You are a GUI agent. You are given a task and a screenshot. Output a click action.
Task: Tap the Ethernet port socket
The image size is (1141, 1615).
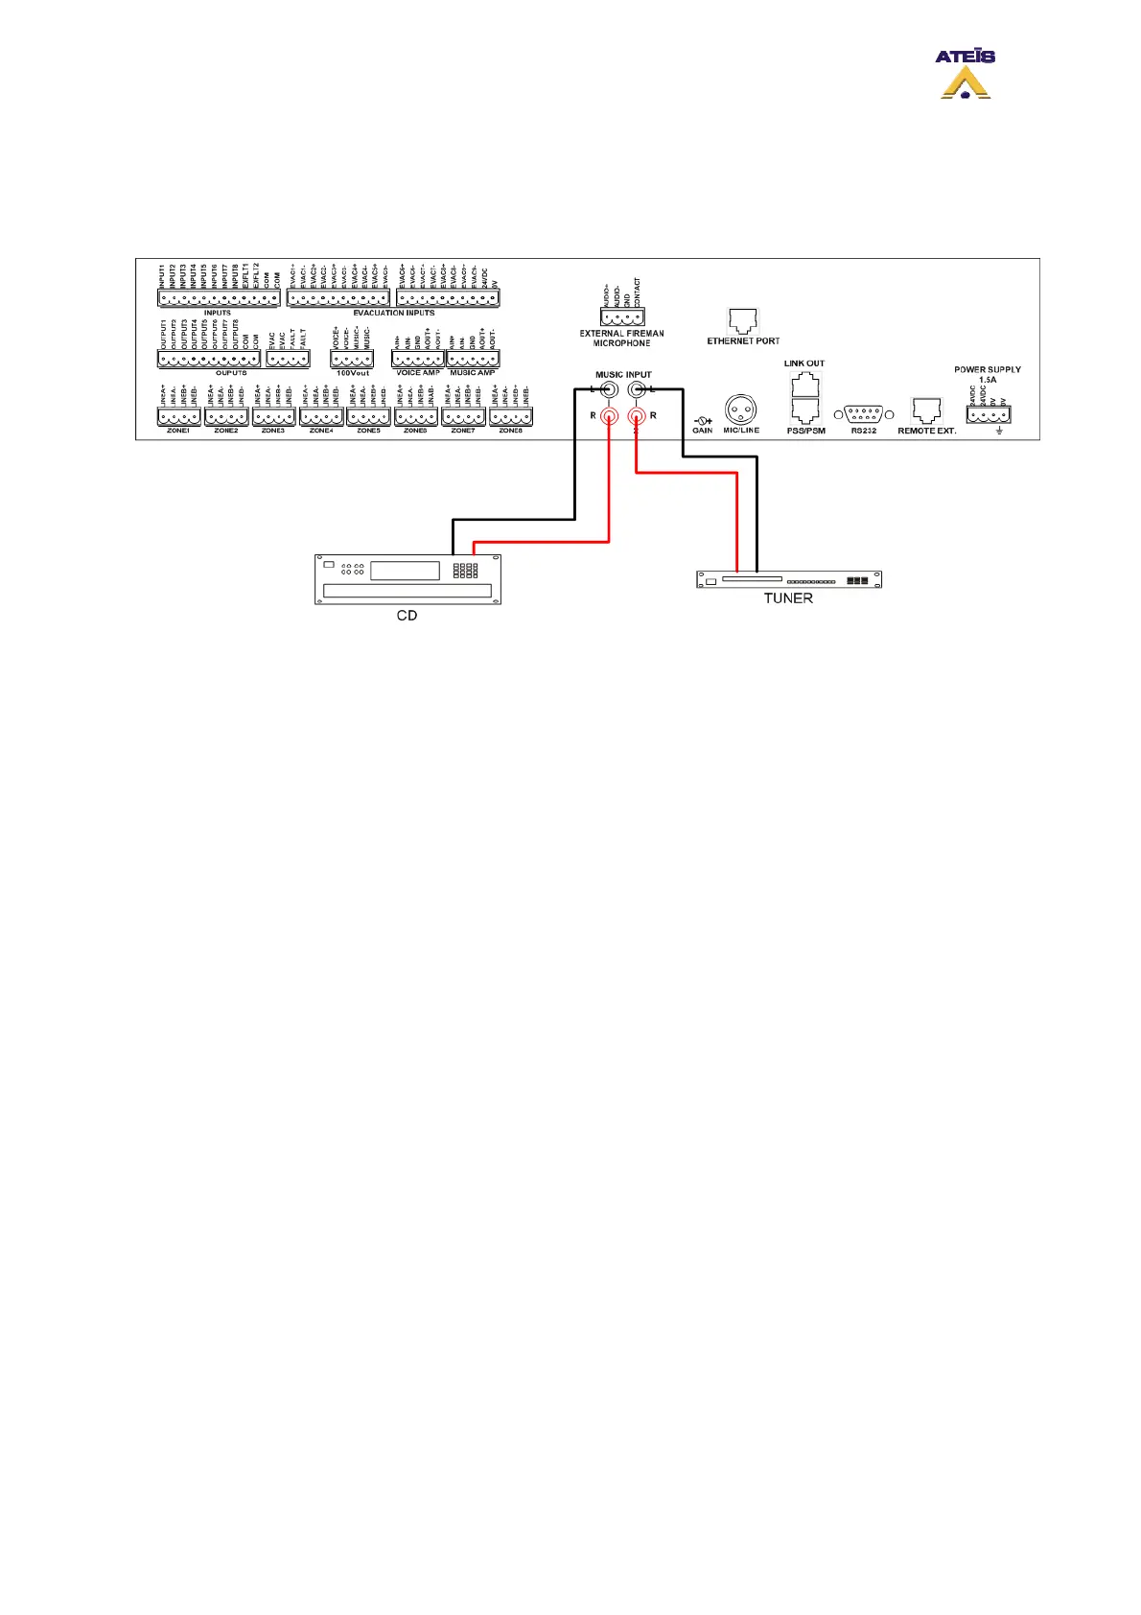tap(743, 321)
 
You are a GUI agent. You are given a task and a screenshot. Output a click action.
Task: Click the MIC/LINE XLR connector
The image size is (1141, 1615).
tap(740, 410)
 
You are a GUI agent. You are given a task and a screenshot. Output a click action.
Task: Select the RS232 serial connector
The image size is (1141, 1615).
tap(864, 414)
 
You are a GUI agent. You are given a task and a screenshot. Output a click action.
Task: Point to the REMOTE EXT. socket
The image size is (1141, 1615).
tap(926, 411)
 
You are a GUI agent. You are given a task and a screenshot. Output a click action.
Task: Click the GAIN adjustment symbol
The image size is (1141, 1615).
tap(703, 420)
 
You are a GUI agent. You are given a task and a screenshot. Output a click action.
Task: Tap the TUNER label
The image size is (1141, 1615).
tap(788, 597)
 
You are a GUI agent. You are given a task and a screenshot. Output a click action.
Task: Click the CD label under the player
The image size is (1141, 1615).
tap(407, 616)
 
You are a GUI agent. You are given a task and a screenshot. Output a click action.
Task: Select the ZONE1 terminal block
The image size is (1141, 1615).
tap(178, 417)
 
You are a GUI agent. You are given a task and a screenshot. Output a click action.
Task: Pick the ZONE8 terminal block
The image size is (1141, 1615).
tap(511, 417)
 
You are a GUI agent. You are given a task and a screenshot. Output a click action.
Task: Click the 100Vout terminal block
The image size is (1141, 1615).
tap(352, 360)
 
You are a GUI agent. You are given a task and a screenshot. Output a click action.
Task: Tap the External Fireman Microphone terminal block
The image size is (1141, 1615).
tap(622, 317)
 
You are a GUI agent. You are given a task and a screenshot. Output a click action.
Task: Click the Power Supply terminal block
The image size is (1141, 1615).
tap(989, 415)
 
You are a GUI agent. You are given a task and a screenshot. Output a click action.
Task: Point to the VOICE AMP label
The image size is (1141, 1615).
tap(418, 372)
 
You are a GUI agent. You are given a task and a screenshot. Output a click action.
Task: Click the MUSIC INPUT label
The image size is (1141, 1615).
tap(623, 375)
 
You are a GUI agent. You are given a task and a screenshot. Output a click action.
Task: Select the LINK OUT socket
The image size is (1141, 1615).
tap(804, 385)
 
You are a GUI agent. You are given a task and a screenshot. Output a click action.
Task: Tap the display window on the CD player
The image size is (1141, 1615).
tap(405, 570)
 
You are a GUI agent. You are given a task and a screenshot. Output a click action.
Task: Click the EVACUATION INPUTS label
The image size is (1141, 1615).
tap(393, 313)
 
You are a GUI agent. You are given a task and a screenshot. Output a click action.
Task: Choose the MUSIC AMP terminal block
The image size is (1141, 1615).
tap(473, 360)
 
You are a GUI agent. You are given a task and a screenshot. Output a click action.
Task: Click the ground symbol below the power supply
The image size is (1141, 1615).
tap(999, 431)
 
